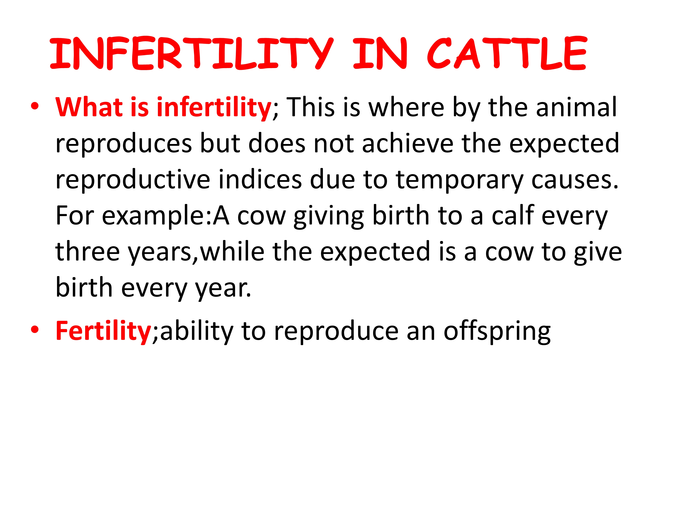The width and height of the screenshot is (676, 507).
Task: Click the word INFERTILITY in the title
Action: tap(192, 53)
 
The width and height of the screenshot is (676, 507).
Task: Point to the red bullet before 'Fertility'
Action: tap(35, 330)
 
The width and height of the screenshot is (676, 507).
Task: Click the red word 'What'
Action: tap(89, 107)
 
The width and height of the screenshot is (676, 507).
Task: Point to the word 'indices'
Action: tap(260, 179)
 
